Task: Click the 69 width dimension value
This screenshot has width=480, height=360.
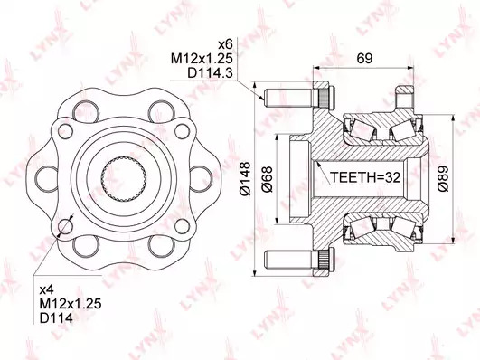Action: point(364,58)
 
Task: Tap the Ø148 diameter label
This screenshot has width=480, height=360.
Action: point(246,178)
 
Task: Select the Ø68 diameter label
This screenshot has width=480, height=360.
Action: point(267,179)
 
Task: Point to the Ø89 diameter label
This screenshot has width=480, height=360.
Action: point(444,179)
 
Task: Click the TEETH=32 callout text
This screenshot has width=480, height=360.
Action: point(365,177)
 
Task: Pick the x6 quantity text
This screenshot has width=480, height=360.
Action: point(225,44)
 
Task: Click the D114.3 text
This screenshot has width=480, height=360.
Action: point(210,73)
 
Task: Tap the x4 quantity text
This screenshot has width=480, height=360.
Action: point(47,289)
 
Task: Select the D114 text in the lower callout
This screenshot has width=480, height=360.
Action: point(56,317)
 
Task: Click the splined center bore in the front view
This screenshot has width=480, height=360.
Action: point(123,178)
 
